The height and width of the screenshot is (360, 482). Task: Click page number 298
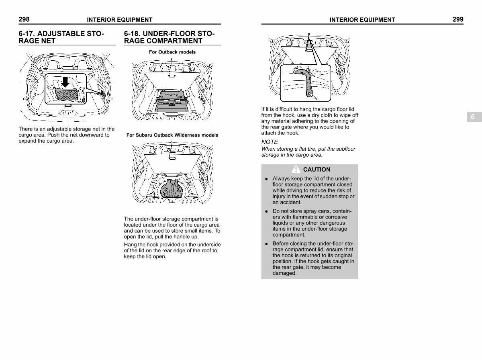pyautogui.click(x=24, y=19)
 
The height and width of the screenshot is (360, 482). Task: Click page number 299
pyautogui.click(x=458, y=19)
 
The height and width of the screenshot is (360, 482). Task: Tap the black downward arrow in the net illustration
pyautogui.click(x=65, y=82)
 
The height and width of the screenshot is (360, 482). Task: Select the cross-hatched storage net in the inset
pyautogui.click(x=66, y=94)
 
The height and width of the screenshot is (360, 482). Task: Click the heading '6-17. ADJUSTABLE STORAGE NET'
pyautogui.click(x=61, y=37)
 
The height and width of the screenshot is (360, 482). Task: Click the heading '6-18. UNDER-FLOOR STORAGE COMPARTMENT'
pyautogui.click(x=169, y=37)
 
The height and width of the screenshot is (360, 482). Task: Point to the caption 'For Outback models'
pyautogui.click(x=172, y=52)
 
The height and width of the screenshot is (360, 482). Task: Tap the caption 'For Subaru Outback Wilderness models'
pyautogui.click(x=172, y=135)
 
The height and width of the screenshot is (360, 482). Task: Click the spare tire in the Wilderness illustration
pyautogui.click(x=172, y=189)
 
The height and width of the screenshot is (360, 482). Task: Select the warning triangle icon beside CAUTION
pyautogui.click(x=296, y=169)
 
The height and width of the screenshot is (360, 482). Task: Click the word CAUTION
pyautogui.click(x=317, y=169)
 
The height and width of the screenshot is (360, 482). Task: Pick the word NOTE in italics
pyautogui.click(x=270, y=142)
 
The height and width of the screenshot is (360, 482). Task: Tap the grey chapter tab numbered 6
pyautogui.click(x=474, y=117)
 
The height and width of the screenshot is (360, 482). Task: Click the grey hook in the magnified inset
pyautogui.click(x=307, y=81)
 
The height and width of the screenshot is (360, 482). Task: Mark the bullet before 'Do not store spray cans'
pyautogui.click(x=266, y=211)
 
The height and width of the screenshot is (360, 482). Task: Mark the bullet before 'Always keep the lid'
pyautogui.click(x=266, y=179)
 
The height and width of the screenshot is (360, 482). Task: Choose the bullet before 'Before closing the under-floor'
pyautogui.click(x=266, y=244)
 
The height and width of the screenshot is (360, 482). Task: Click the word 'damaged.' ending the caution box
pyautogui.click(x=284, y=273)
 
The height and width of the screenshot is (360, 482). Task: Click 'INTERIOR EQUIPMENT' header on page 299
pyautogui.click(x=362, y=20)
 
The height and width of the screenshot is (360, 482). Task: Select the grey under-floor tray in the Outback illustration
pyautogui.click(x=172, y=102)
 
